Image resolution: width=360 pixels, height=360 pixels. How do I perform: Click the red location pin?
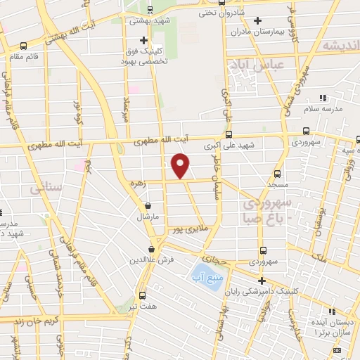coord(181,166)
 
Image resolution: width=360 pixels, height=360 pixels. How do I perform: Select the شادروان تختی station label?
coord(221,12)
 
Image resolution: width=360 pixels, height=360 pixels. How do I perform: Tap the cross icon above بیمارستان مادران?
coord(258,20)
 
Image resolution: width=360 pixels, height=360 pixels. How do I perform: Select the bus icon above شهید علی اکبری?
coord(228,134)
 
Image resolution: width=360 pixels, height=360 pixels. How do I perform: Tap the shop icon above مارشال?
coord(148,207)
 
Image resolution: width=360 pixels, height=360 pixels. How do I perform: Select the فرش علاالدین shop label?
coord(152,259)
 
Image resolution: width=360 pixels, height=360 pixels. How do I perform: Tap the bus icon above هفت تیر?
coord(143,295)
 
